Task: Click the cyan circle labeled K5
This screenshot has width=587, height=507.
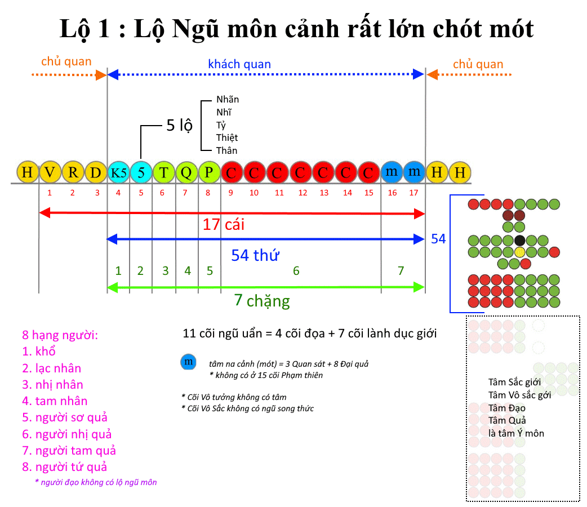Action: (119, 172)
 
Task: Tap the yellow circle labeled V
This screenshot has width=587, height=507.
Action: (50, 172)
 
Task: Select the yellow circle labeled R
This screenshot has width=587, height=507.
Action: (73, 172)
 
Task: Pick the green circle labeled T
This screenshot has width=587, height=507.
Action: (164, 172)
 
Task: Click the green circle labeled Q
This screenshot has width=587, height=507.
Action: (187, 172)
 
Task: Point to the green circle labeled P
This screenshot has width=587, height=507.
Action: (209, 172)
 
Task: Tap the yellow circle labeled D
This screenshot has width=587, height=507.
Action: (96, 172)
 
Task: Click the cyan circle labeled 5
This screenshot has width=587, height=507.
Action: (141, 172)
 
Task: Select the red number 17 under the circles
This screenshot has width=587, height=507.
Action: (413, 193)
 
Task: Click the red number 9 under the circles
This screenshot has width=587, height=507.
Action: (230, 193)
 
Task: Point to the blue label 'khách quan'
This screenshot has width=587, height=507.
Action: (239, 64)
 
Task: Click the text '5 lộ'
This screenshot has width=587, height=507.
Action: (179, 126)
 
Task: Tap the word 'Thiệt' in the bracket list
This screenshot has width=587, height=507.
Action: (227, 138)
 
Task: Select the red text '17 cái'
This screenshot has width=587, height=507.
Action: (224, 224)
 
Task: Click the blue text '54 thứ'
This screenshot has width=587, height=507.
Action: (255, 255)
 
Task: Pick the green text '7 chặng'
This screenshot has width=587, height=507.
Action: (262, 301)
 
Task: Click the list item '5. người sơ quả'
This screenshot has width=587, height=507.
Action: (65, 417)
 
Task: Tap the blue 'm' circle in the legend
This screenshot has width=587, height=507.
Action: (188, 362)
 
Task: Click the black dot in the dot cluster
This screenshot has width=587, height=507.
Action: (519, 241)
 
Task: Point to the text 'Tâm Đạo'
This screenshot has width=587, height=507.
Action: (507, 408)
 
